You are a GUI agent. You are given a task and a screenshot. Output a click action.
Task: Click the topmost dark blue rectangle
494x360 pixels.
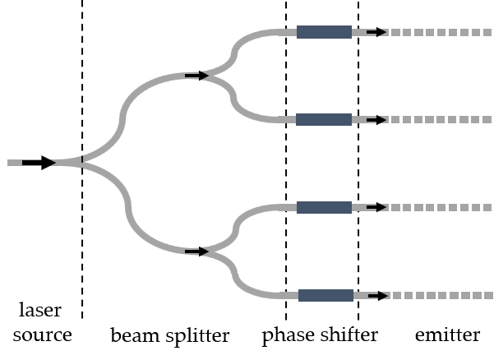coord(324,32)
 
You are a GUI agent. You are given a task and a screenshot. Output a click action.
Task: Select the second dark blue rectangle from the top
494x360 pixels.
coord(323,120)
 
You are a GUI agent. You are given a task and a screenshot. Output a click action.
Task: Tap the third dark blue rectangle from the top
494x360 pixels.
coord(324,207)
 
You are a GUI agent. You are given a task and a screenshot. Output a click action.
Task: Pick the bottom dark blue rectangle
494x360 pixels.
coord(325,295)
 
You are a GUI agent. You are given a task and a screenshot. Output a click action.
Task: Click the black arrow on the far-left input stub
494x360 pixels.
coord(54,163)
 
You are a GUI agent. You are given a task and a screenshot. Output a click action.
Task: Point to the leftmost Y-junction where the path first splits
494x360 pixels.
coord(81,162)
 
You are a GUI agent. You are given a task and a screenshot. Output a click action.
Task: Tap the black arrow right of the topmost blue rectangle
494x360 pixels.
coord(382,32)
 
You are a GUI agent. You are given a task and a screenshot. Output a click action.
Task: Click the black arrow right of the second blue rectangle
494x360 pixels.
coord(382,120)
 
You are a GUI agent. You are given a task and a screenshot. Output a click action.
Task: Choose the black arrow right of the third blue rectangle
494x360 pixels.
coord(382,207)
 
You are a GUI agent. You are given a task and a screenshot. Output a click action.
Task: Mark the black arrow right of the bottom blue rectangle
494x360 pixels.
coord(384,295)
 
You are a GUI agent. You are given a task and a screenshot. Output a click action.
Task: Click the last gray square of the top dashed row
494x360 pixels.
coord(487,32)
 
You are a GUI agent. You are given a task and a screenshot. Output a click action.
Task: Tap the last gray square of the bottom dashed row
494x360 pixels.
coord(488,295)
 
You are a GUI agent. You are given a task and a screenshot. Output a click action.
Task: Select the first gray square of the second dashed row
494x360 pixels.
coord(395,120)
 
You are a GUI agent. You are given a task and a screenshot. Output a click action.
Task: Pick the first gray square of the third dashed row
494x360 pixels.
coord(395,207)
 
